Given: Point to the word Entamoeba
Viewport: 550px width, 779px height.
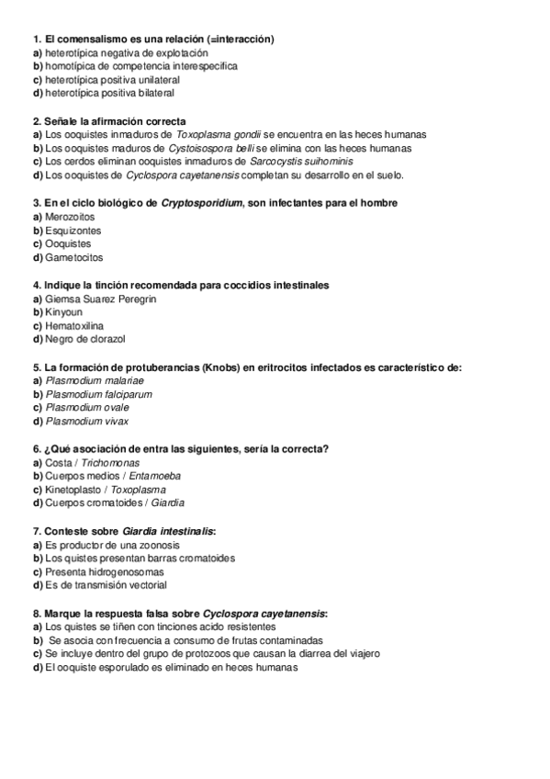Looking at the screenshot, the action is pos(154,476).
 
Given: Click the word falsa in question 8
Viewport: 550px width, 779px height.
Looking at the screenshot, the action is pos(139,613).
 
